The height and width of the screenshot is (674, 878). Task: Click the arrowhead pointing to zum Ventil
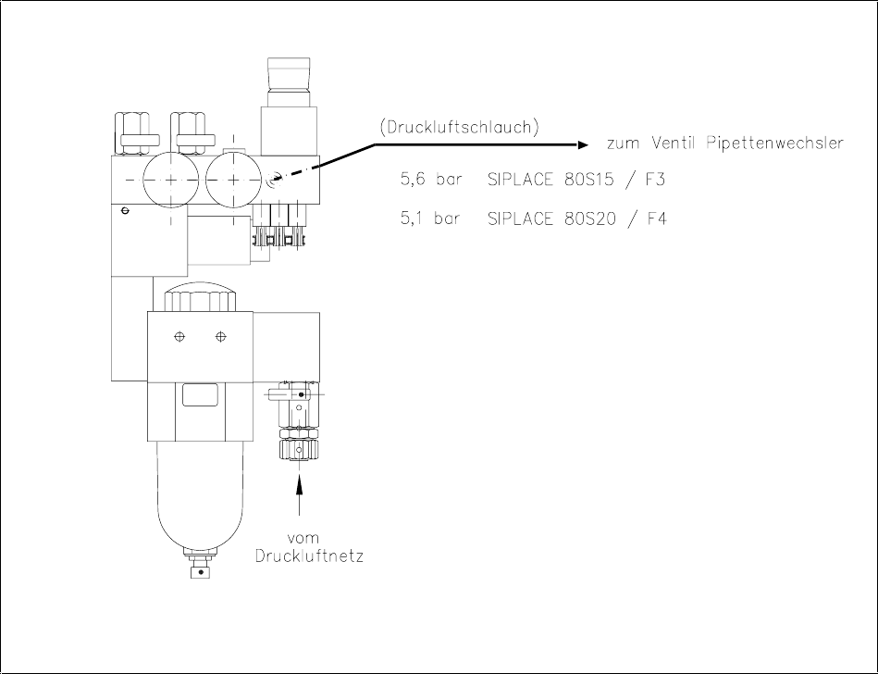(583, 144)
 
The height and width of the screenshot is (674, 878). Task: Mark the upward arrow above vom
(299, 491)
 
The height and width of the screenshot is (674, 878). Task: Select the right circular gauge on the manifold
(234, 179)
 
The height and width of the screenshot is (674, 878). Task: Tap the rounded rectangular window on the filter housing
(200, 395)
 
